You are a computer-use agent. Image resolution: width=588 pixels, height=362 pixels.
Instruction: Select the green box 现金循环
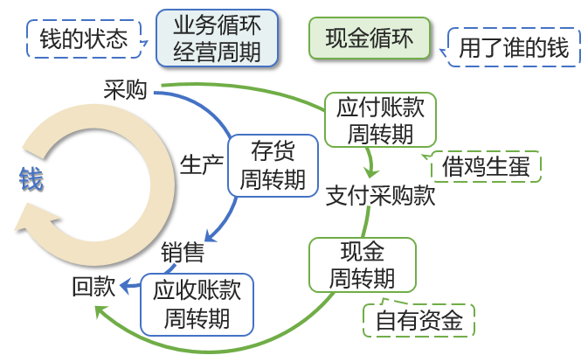point(370,39)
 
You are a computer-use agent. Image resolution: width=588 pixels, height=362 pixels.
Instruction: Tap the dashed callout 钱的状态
point(83,39)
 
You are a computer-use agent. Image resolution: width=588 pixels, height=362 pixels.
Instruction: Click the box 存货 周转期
point(273,164)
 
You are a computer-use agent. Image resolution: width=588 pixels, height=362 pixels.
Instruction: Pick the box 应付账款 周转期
point(380,120)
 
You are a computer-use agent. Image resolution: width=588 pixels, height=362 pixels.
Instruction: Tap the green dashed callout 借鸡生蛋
point(486,166)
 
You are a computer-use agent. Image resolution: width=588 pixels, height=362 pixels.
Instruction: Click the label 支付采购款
point(380,196)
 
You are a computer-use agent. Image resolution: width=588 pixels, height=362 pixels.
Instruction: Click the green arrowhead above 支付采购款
point(371,171)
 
